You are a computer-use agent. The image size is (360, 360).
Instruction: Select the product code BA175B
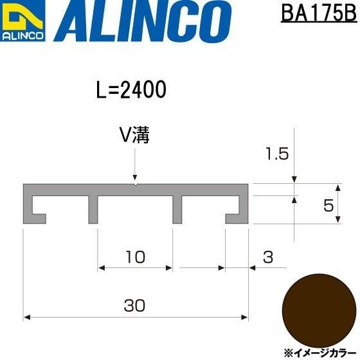point(318,13)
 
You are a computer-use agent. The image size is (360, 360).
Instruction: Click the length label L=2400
point(131,91)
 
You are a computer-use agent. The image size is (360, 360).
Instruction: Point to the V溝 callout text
point(134,136)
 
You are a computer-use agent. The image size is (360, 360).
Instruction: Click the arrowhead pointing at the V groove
point(135,178)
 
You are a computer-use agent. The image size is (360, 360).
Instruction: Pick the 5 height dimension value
point(328,206)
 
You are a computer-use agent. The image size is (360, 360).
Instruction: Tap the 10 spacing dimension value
point(135,257)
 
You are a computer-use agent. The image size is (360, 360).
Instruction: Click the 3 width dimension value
point(268,257)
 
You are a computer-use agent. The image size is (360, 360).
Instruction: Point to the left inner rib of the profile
point(93,209)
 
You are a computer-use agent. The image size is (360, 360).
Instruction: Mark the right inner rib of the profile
point(177,209)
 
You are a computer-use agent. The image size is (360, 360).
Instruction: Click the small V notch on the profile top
point(135,184)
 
